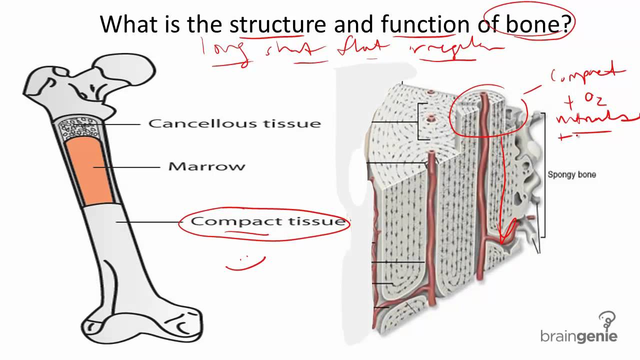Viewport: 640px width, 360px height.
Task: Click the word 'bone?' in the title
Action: pyautogui.click(x=538, y=24)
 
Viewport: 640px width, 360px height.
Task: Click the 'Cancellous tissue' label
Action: pyautogui.click(x=234, y=123)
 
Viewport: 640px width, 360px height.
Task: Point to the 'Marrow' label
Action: pyautogui.click(x=206, y=166)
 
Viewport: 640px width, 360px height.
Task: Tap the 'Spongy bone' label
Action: pyautogui.click(x=571, y=174)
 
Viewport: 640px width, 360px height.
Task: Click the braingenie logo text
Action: pyautogui.click(x=578, y=336)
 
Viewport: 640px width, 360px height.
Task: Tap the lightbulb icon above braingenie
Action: pyautogui.click(x=607, y=319)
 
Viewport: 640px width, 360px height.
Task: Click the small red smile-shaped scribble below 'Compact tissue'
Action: pyautogui.click(x=245, y=263)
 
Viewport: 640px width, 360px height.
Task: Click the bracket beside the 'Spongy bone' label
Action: pyautogui.click(x=544, y=175)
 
